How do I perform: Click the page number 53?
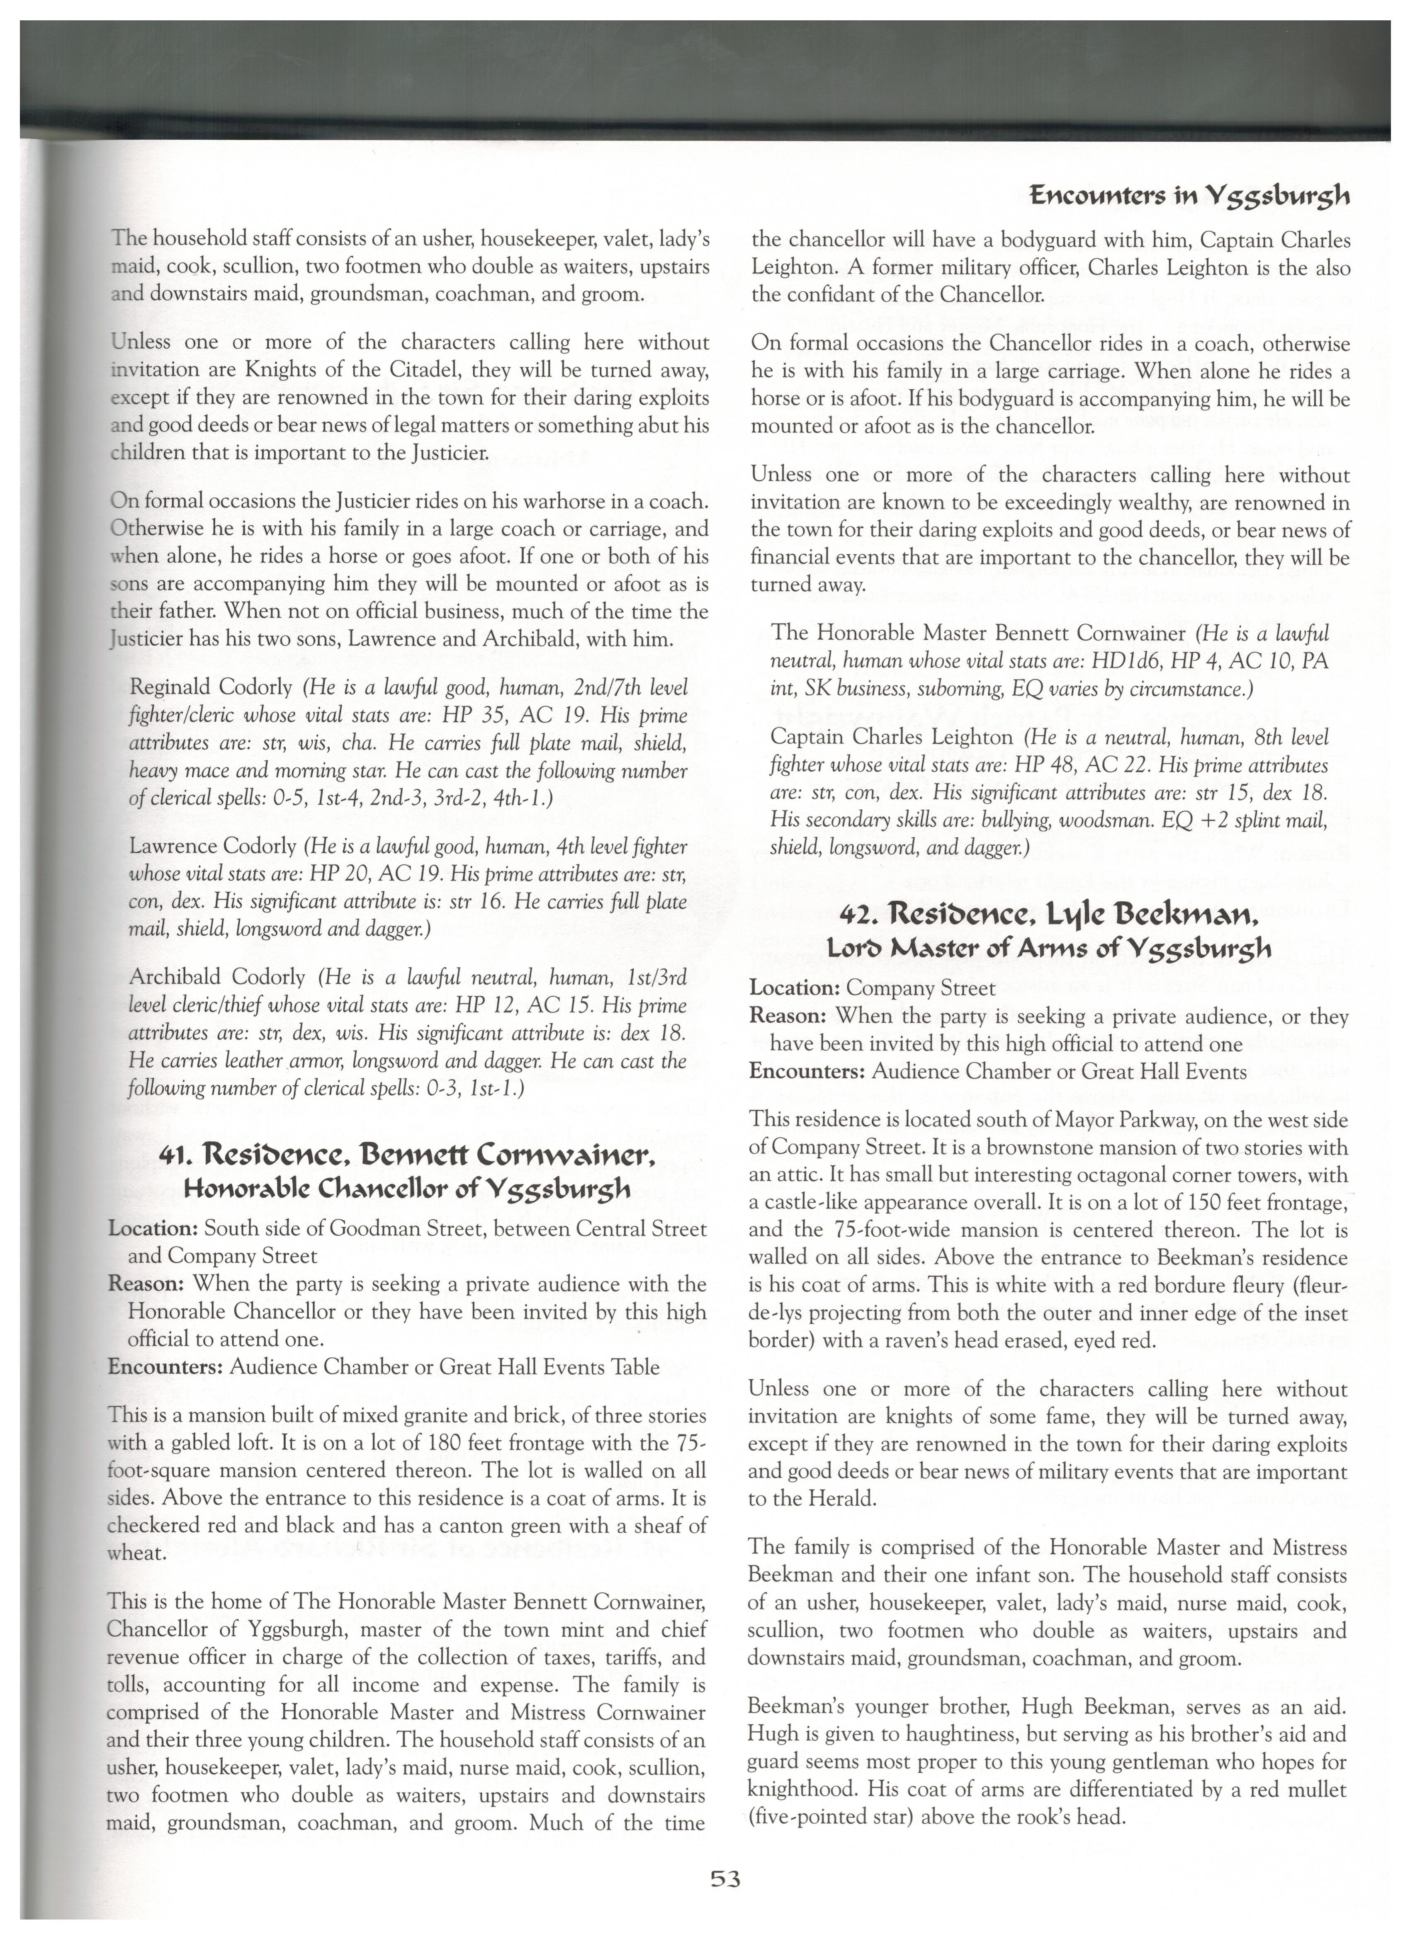(x=724, y=1879)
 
